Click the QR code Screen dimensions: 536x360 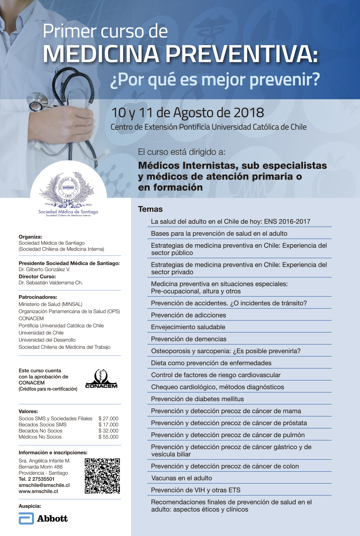[102, 476]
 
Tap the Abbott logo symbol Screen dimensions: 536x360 [26, 519]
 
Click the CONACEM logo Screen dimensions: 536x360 [101, 379]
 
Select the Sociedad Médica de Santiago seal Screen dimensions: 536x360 [68, 187]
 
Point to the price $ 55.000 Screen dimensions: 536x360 [108, 437]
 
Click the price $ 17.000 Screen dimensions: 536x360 [108, 424]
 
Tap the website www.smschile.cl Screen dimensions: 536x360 [38, 491]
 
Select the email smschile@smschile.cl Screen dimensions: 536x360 [44, 485]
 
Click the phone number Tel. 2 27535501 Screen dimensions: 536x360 [37, 479]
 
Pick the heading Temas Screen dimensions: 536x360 [150, 209]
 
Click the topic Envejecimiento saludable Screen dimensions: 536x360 [188, 327]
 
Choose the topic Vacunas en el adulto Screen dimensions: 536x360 [181, 478]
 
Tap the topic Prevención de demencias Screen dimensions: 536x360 [189, 339]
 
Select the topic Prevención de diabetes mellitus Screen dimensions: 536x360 [197, 399]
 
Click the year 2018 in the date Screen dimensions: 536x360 [248, 113]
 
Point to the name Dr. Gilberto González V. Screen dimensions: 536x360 [44, 270]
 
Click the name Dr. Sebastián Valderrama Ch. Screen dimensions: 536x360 [50, 283]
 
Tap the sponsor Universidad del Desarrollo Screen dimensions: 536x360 [47, 340]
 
